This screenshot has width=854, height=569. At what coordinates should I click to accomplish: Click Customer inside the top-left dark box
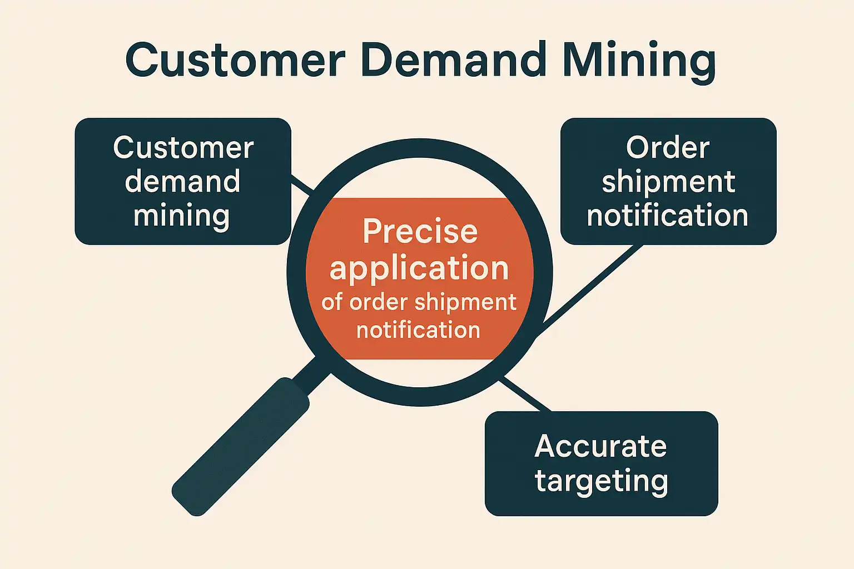click(183, 148)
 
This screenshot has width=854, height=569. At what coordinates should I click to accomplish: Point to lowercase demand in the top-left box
click(182, 181)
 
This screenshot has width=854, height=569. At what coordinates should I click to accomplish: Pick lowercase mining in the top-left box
click(181, 216)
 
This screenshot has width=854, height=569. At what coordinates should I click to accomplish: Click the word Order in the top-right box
click(667, 148)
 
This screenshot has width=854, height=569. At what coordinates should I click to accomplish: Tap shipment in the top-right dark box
click(668, 182)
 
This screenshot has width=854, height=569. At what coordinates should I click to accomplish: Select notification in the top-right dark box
click(667, 216)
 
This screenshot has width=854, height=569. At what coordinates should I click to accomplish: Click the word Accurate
click(600, 446)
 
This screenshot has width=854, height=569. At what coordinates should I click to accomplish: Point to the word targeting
click(601, 481)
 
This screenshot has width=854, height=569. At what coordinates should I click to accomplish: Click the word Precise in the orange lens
click(420, 231)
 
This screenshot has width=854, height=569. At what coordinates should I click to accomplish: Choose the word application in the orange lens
click(419, 269)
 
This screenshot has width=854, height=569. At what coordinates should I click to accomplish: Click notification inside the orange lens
click(418, 330)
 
